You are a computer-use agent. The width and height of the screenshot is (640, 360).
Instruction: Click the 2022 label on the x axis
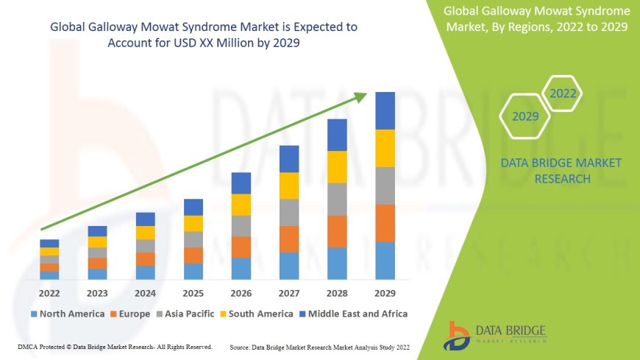(x=49, y=294)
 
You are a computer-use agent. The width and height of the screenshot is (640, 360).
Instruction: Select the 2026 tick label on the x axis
(x=241, y=294)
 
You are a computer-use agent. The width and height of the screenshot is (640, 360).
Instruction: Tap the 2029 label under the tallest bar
(x=385, y=294)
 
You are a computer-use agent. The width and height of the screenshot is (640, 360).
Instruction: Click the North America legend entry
(x=67, y=314)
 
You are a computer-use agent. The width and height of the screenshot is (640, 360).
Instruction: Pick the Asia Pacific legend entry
(x=185, y=314)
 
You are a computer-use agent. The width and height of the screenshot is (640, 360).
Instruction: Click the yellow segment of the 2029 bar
(x=385, y=148)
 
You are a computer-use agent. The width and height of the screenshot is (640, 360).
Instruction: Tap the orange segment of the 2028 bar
(x=337, y=231)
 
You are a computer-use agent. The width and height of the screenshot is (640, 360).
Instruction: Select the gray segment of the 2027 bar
(x=289, y=212)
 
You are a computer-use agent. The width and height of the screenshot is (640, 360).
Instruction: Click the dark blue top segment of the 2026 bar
(x=241, y=183)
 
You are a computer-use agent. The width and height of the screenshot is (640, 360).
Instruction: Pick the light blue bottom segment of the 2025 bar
(x=193, y=272)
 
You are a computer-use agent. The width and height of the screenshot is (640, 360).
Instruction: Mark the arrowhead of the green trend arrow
(x=360, y=96)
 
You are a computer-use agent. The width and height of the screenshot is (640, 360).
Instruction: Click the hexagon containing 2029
(x=525, y=116)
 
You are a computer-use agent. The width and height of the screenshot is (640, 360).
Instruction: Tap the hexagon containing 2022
(x=563, y=93)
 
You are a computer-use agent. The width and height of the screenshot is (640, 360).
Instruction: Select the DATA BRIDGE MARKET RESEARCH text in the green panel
(x=561, y=171)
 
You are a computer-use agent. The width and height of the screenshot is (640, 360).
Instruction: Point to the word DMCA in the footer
(x=27, y=346)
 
